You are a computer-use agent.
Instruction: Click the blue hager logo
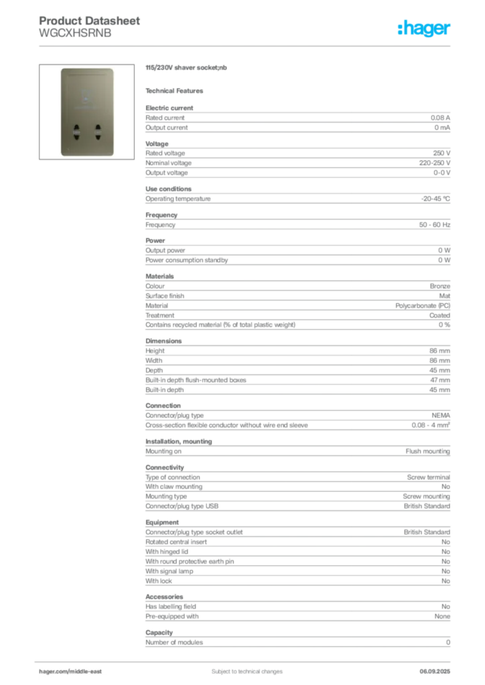425,29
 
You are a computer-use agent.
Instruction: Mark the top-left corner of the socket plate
61,68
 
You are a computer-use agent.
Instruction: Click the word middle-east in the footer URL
88,671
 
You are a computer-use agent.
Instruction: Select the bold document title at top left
90,21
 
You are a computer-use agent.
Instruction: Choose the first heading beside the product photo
188,69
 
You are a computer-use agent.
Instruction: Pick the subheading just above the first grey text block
177,91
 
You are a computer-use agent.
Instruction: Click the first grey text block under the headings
297,119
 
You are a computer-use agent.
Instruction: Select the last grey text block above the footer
297,641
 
